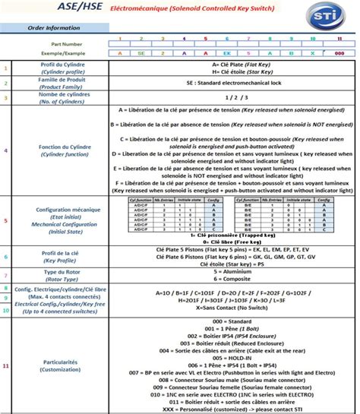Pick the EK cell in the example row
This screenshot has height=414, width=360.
coord(226,54)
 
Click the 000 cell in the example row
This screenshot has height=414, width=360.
coord(339,54)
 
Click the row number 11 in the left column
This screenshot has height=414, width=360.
coord(6,366)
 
